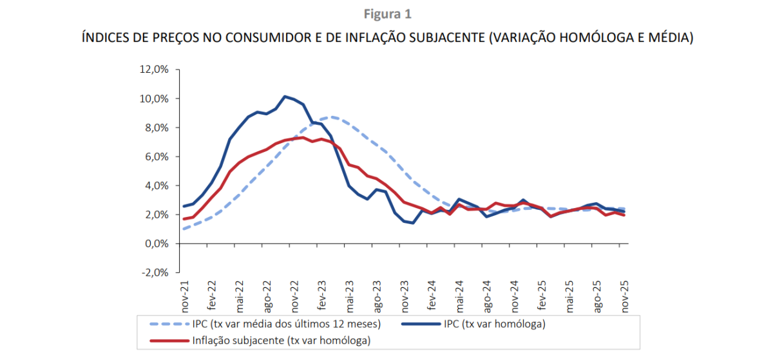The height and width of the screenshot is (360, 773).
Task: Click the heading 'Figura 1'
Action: (387, 14)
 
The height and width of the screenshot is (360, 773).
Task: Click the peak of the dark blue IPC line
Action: (285, 97)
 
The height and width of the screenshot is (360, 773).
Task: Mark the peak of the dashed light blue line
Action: (330, 117)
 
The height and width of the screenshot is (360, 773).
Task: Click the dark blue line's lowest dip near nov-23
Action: (412, 223)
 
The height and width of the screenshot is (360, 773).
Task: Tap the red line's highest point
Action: (303, 137)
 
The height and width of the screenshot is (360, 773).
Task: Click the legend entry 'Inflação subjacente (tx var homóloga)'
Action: (282, 340)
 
